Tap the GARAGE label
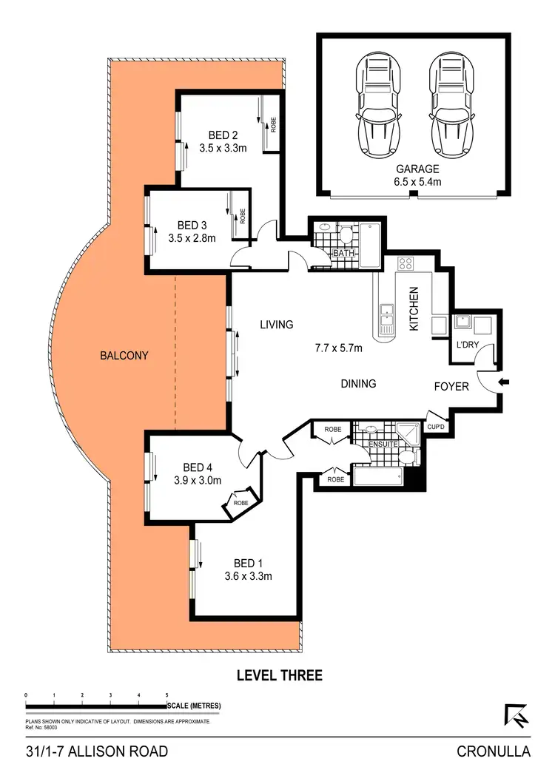click(417, 169)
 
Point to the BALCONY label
click(124, 355)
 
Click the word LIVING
click(276, 325)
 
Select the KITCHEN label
click(414, 309)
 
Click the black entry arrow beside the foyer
click(504, 382)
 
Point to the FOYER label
click(451, 386)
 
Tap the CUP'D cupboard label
click(436, 427)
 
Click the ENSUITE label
click(384, 444)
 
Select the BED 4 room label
click(198, 467)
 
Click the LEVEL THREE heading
click(279, 675)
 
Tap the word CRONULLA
click(494, 752)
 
